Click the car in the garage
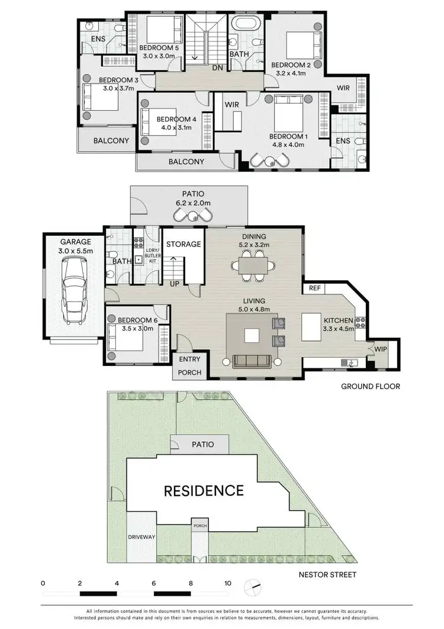(x=74, y=289)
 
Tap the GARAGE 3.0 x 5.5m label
(x=74, y=246)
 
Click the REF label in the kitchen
(x=314, y=288)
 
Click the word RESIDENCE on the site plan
(x=204, y=490)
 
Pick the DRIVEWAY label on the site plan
(x=141, y=537)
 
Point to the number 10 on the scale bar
(x=227, y=583)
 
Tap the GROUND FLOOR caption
(x=371, y=386)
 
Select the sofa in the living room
(x=252, y=361)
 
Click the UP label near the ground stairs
(x=175, y=284)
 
